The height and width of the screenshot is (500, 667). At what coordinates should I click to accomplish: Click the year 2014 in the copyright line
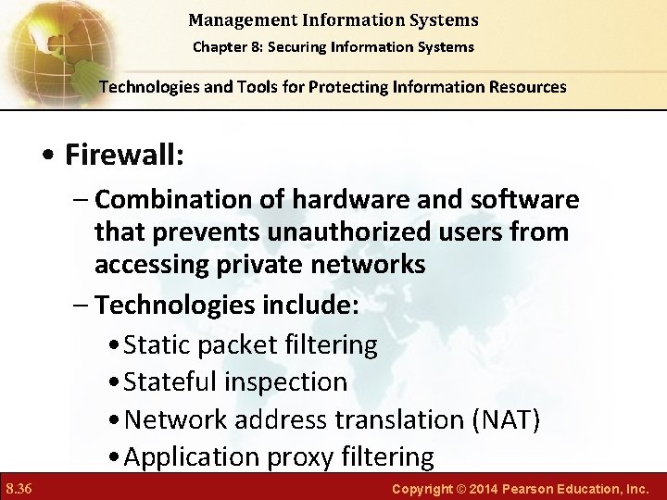pos(480,487)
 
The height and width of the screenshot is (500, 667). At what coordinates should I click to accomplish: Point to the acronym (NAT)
pos(506,419)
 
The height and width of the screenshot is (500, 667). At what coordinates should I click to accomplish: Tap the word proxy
pos(307,457)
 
